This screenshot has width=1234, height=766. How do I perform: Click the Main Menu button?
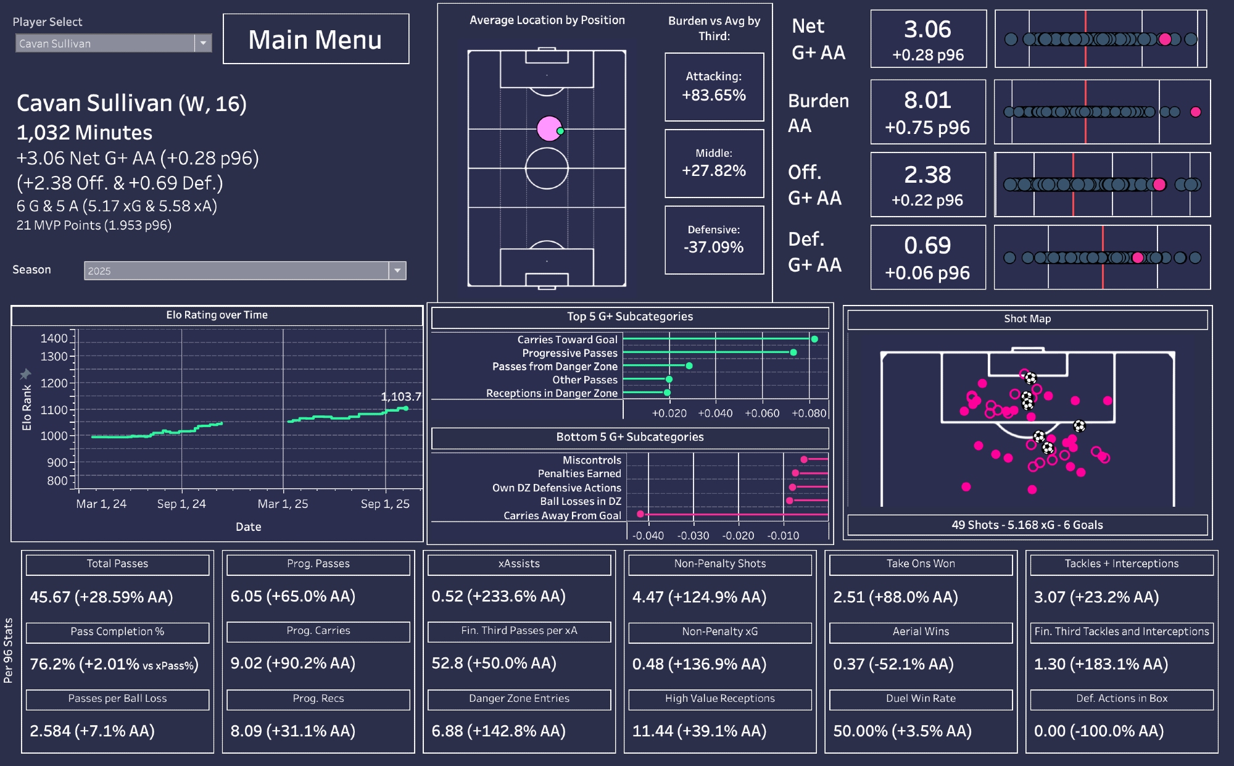[315, 40]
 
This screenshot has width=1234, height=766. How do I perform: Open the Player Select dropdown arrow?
[203, 43]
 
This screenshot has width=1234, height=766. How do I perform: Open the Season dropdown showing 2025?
[397, 270]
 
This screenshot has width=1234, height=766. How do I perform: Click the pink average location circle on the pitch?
[549, 128]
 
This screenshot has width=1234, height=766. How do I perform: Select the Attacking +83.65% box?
[714, 87]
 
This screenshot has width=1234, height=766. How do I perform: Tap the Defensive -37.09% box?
[714, 240]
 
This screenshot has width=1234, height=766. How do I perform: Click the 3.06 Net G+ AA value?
[927, 30]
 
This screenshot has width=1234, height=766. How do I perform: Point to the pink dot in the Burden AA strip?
[1195, 112]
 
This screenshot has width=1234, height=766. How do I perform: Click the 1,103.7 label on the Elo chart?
[400, 397]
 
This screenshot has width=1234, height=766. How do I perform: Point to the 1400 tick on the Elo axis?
[54, 338]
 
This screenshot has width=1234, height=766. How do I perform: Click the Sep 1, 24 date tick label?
[181, 504]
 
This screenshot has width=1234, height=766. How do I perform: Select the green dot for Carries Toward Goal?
[814, 339]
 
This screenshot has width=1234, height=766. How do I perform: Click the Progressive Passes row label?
[569, 353]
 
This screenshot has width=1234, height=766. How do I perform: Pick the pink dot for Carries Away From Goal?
[640, 514]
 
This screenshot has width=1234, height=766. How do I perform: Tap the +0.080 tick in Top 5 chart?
[808, 413]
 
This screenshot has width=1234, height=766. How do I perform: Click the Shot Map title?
[1027, 318]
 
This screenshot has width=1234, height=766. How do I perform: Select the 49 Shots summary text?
[1027, 525]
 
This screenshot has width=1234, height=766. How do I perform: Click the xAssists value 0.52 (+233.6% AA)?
[498, 596]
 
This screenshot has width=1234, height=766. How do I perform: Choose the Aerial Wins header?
[921, 631]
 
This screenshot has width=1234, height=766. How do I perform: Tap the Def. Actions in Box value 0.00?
[1098, 731]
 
